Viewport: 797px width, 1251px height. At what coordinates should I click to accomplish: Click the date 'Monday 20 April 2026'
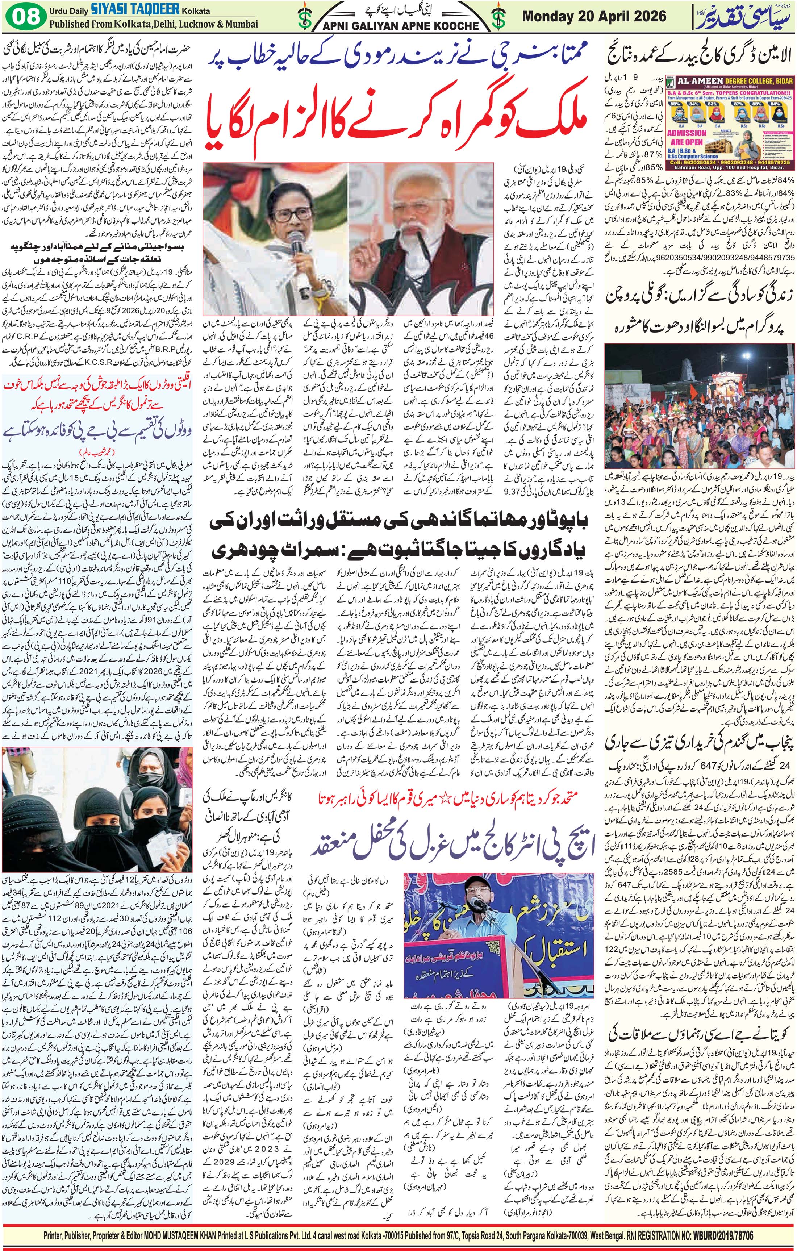594,16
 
